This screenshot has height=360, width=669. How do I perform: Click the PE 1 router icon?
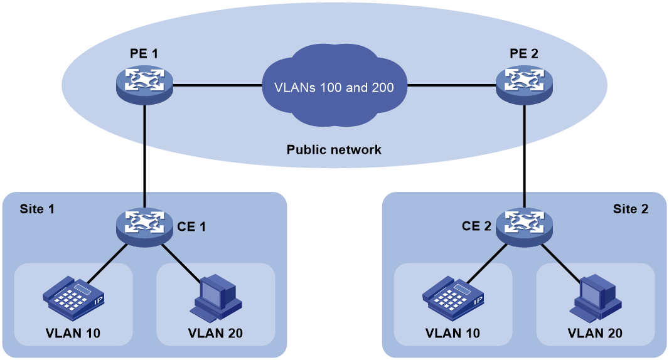(145, 84)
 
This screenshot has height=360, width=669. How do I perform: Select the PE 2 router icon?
(524, 84)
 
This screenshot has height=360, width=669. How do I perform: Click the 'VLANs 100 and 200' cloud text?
(334, 87)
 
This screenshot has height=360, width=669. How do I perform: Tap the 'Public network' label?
(334, 150)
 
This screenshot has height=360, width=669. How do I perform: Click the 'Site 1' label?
(37, 209)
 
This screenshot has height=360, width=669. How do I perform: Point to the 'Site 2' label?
(630, 209)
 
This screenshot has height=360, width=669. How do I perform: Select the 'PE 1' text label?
(144, 54)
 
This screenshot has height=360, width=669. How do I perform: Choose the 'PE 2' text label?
(523, 54)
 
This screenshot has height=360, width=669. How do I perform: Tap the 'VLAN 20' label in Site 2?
(594, 333)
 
